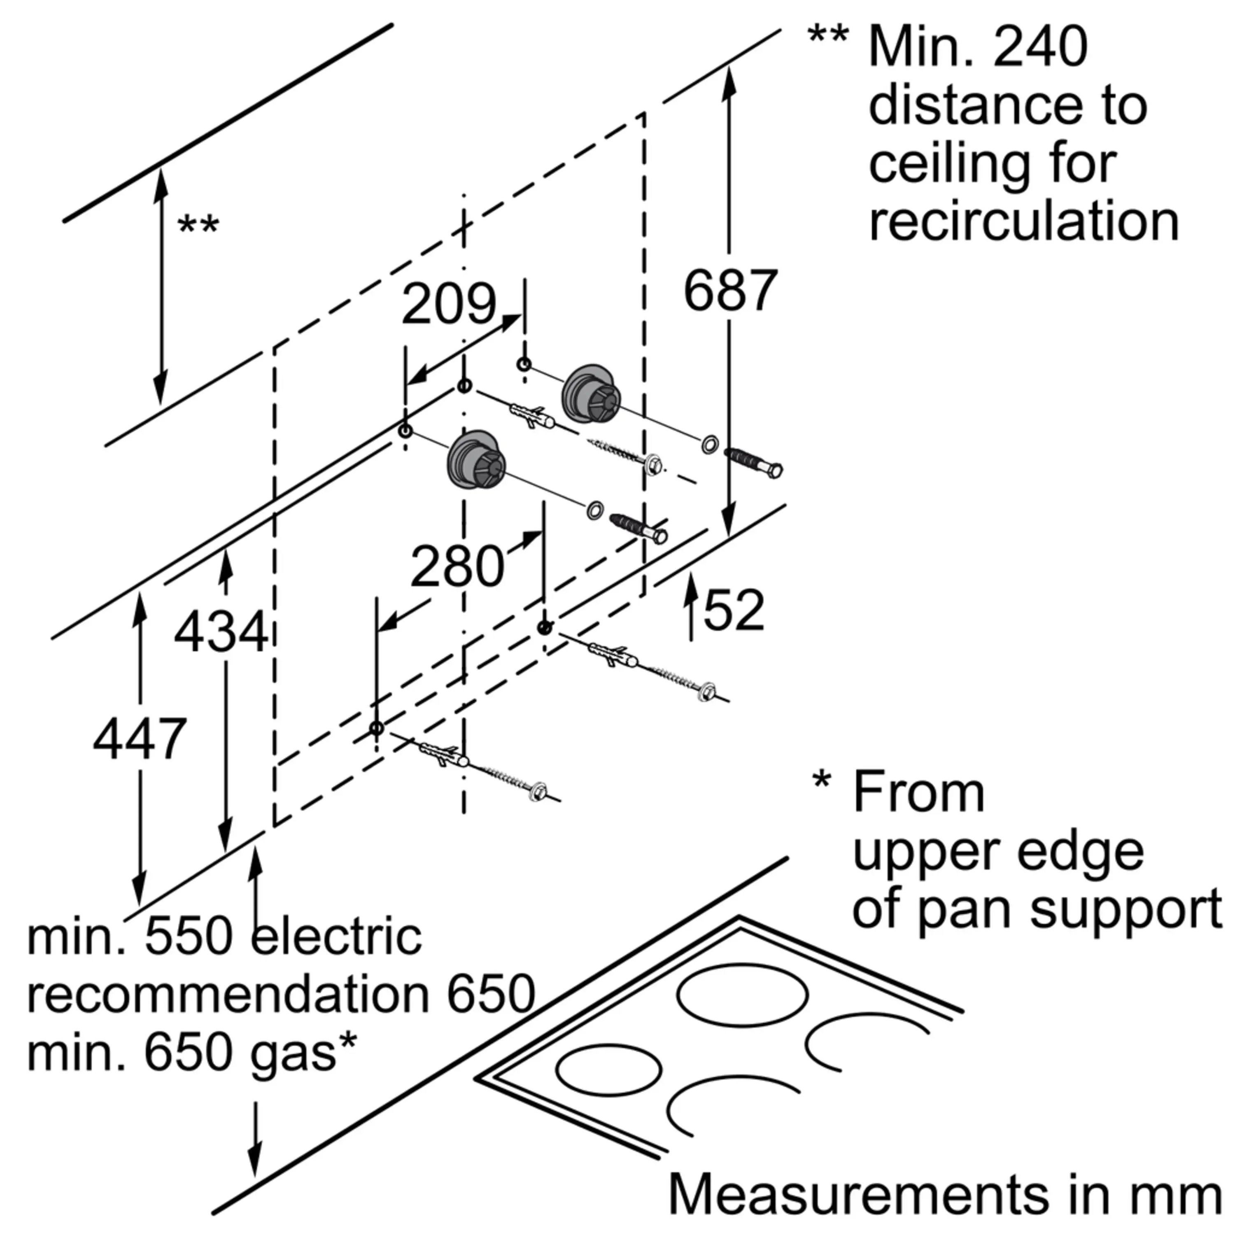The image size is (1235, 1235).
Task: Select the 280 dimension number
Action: (x=457, y=566)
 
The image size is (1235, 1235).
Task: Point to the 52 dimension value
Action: (x=734, y=611)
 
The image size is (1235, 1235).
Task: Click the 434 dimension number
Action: (x=221, y=632)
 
